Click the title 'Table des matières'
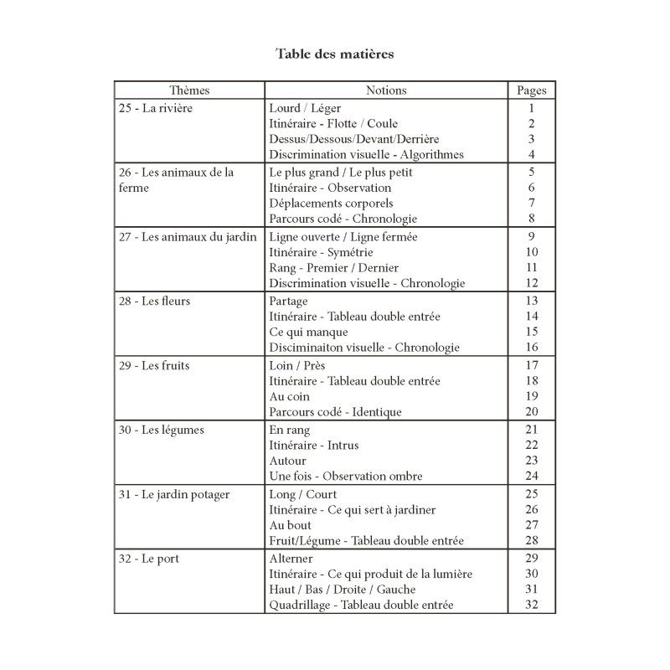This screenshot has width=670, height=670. click(335, 54)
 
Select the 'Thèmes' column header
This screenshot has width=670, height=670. click(189, 90)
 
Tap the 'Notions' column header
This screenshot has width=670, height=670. click(386, 90)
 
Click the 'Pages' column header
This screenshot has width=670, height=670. click(531, 90)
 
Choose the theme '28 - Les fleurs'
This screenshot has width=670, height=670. click(155, 301)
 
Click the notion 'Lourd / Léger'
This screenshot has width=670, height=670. click(305, 108)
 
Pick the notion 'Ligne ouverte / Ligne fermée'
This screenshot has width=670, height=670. click(343, 237)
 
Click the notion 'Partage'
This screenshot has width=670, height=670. click(289, 301)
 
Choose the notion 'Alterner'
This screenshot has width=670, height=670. click(291, 558)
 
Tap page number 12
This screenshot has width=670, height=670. click(531, 283)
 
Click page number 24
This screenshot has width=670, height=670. click(531, 476)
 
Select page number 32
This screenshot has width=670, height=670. click(531, 605)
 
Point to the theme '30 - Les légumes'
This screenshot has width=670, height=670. click(162, 430)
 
